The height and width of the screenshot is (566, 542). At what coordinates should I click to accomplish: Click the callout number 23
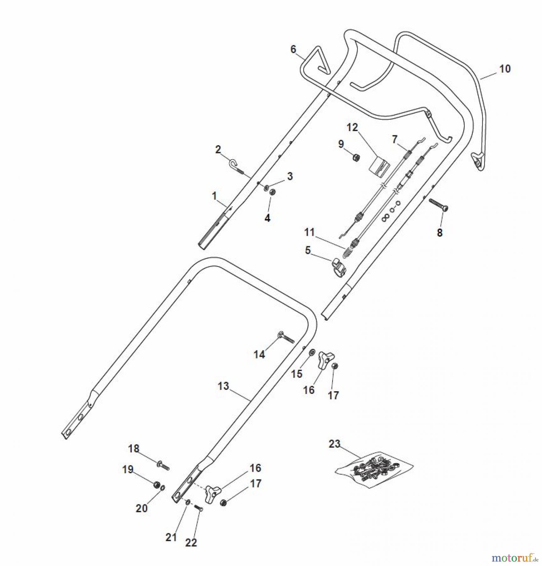(334, 444)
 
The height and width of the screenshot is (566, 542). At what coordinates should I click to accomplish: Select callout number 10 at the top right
(505, 69)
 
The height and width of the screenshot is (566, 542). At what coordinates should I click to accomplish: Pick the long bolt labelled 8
(439, 205)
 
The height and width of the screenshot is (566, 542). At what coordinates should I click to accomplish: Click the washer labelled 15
(312, 352)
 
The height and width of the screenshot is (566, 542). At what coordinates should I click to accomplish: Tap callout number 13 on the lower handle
(223, 386)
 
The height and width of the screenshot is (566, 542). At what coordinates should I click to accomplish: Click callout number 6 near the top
(293, 49)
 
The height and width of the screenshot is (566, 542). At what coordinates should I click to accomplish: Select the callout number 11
(310, 232)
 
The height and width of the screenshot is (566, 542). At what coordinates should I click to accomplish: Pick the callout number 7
(394, 139)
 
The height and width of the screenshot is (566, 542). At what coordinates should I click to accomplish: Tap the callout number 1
(214, 196)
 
